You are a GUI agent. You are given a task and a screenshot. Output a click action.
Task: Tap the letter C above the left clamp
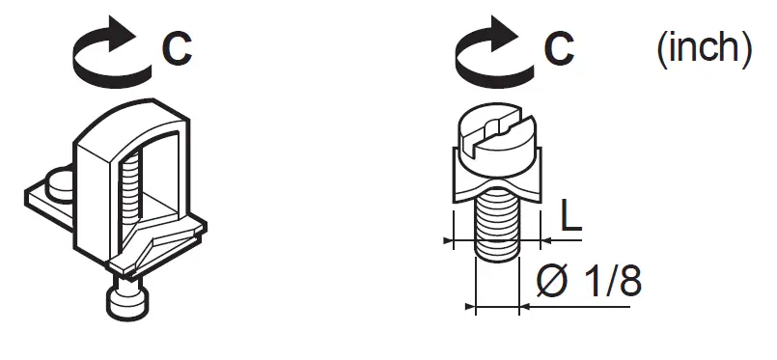pos(177,48)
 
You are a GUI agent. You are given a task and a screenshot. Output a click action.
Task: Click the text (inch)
pos(703,48)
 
